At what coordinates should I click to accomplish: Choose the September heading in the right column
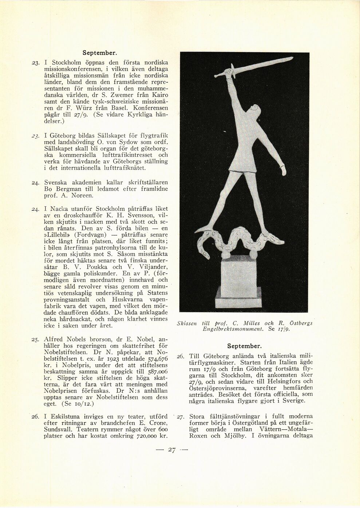(x=244, y=346)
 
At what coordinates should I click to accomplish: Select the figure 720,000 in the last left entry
(x=145, y=436)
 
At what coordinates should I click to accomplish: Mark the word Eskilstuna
(x=68, y=416)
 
